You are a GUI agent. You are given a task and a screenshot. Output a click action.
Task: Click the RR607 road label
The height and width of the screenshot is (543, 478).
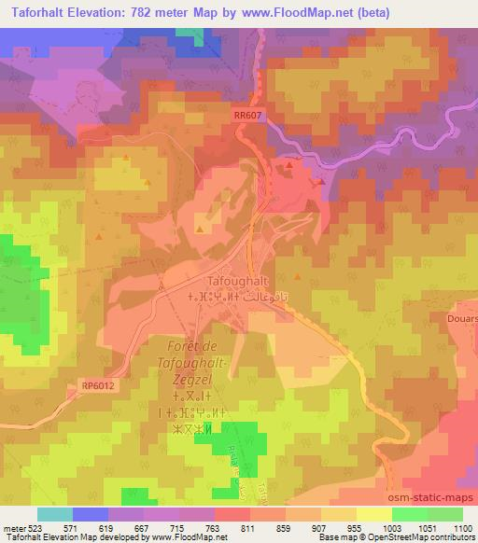pyautogui.click(x=246, y=114)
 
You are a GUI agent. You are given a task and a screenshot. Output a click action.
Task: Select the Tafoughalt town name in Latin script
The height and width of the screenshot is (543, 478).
pyautogui.click(x=237, y=281)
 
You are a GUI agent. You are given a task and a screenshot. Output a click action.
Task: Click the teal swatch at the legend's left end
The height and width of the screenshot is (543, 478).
pyautogui.click(x=55, y=514)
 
